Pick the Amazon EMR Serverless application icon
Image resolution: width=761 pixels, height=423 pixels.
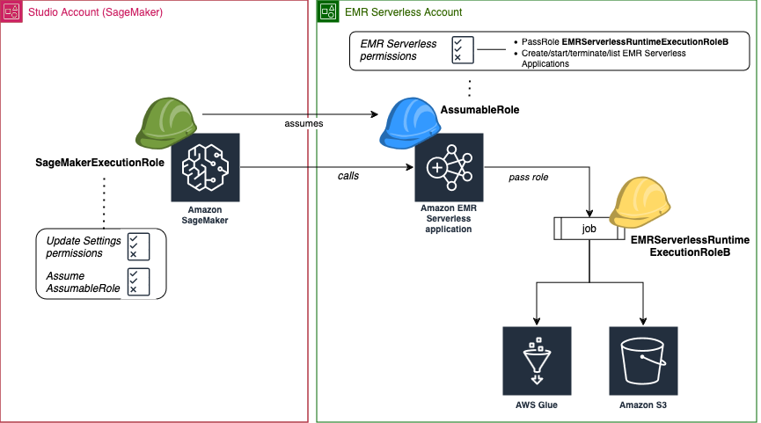click(x=449, y=167)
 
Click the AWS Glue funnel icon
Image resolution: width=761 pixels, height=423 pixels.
click(x=536, y=361)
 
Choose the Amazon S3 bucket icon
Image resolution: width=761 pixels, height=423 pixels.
click(x=643, y=361)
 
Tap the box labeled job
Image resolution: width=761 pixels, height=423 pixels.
click(x=588, y=229)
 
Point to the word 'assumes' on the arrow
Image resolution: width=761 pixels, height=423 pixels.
click(x=303, y=123)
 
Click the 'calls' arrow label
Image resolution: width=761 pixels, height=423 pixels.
click(x=348, y=175)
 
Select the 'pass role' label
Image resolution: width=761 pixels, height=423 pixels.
click(x=529, y=177)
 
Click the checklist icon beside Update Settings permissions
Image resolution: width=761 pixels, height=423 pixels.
click(x=137, y=247)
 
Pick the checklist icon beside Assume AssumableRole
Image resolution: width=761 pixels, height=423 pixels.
click(x=137, y=281)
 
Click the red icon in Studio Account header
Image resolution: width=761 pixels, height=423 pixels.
click(x=11, y=11)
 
